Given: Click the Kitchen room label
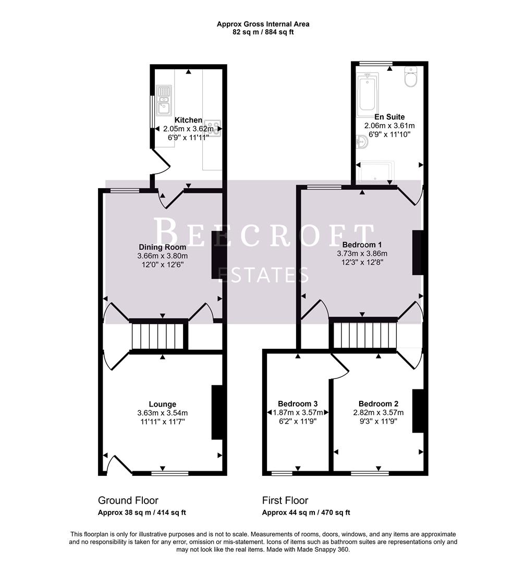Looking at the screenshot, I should click(188, 120).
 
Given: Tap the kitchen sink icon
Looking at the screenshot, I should click(164, 99).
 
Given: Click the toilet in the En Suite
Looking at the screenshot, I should click(411, 79).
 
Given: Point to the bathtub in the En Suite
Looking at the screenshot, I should click(368, 95).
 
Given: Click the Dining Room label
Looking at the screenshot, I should click(162, 247).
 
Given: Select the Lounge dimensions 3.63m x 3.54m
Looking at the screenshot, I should click(162, 413).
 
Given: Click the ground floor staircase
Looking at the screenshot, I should click(158, 336).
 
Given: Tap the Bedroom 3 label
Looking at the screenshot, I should click(298, 403).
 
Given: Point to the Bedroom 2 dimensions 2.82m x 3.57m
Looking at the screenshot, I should click(378, 412).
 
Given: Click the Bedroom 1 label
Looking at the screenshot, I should click(362, 244).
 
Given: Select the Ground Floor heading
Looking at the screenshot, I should click(128, 500).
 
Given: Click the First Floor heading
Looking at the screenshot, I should click(285, 500).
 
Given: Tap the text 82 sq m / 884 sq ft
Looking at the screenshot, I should click(263, 32).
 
